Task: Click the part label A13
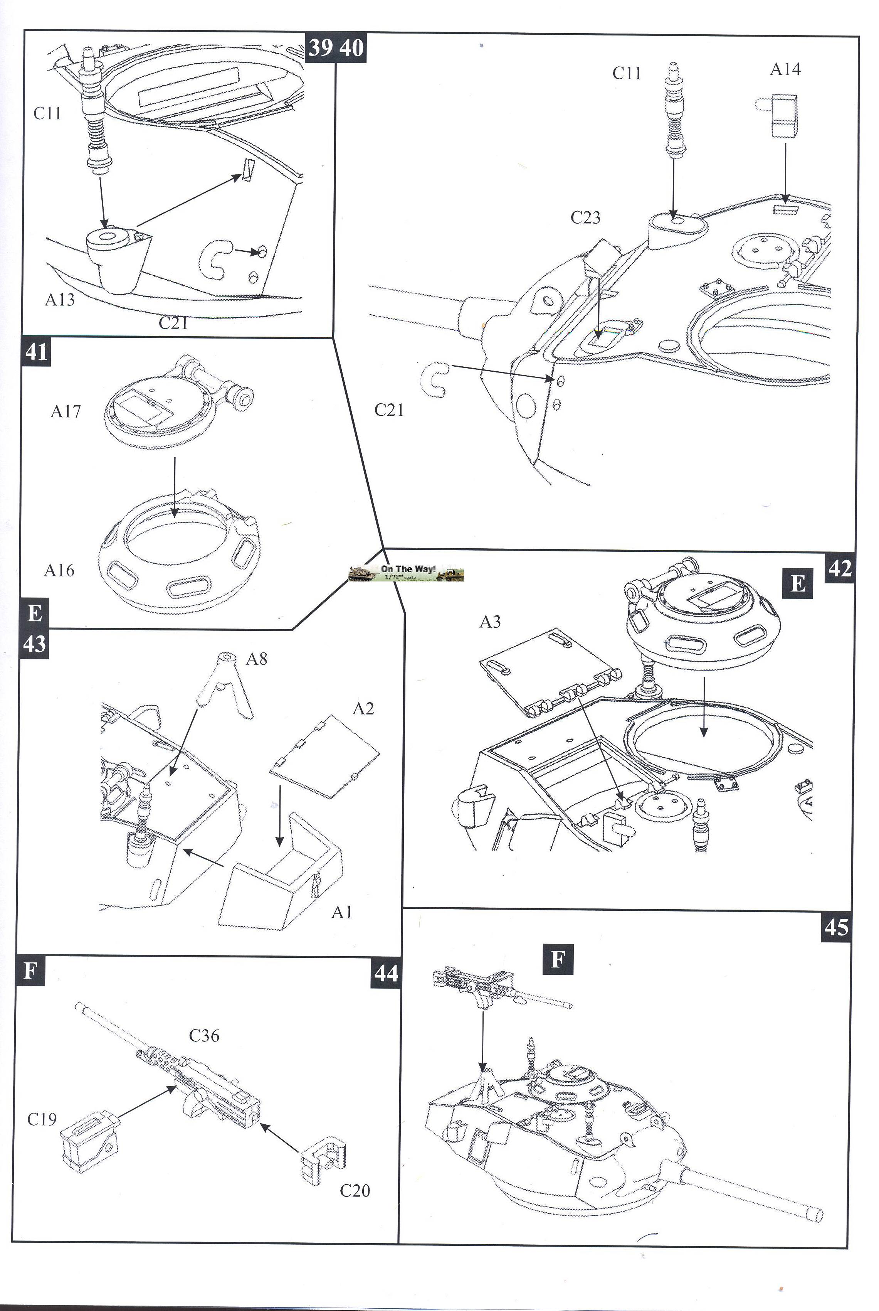[59, 300]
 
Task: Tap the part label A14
[785, 69]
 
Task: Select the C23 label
[585, 217]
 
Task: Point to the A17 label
[66, 412]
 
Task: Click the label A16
[59, 571]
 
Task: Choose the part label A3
[490, 622]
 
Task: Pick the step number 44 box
[386, 973]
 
